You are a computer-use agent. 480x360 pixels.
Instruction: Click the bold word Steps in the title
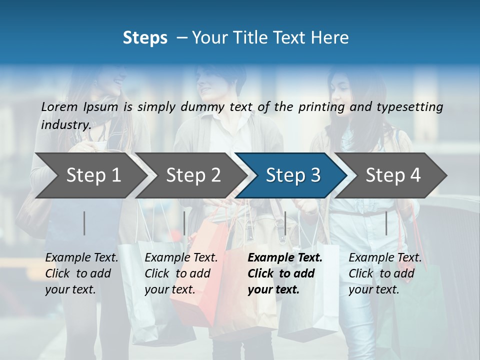click(x=145, y=38)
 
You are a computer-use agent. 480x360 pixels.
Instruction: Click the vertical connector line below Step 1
click(x=84, y=223)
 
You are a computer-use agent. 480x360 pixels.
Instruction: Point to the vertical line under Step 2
click(x=184, y=223)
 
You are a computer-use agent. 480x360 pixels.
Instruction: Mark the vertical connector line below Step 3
click(x=285, y=223)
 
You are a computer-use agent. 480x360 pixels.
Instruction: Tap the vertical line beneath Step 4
click(x=386, y=223)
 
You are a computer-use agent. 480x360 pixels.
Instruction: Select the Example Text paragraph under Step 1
click(x=81, y=273)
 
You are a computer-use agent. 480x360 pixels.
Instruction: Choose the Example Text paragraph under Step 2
click(x=181, y=273)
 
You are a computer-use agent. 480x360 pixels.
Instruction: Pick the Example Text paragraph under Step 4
click(x=385, y=273)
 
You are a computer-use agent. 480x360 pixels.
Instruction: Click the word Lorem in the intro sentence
click(x=59, y=106)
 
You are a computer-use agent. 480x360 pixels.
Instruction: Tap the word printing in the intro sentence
click(x=321, y=107)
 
